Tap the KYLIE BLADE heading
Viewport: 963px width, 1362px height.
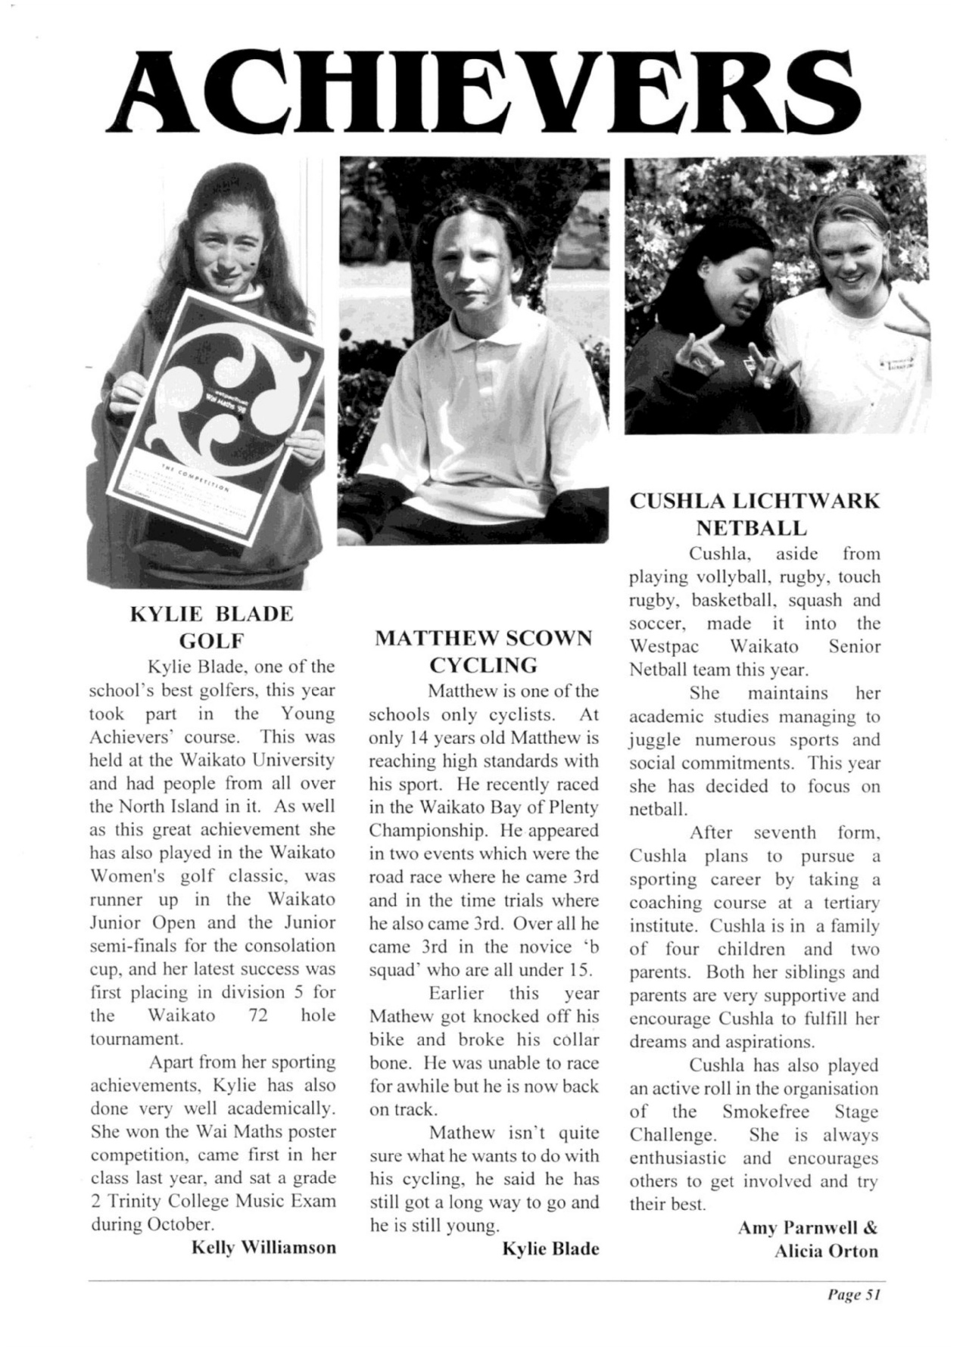(x=212, y=614)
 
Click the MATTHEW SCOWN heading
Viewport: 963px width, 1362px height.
(x=484, y=638)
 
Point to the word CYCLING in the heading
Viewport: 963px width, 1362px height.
(x=484, y=665)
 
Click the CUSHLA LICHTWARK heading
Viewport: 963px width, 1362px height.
(x=755, y=501)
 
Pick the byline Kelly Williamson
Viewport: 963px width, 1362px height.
(x=263, y=1247)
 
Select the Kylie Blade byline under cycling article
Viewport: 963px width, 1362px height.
(x=550, y=1248)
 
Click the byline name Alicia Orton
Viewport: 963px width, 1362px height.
(x=826, y=1251)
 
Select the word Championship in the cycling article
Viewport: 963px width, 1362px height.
(x=419, y=831)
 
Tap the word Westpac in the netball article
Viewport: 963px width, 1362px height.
(x=664, y=647)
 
